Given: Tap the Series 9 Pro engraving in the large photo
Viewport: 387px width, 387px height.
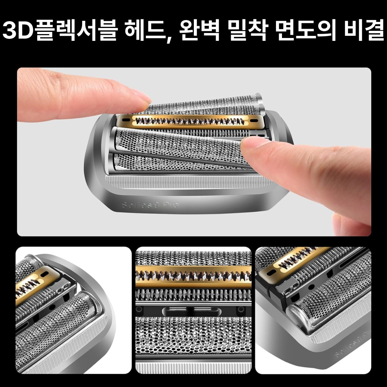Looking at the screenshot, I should pyautogui.click(x=150, y=205).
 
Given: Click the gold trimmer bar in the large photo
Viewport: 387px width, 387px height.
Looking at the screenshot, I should pyautogui.click(x=190, y=121).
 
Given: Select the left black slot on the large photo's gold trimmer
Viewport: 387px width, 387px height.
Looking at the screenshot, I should pyautogui.click(x=126, y=117).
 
